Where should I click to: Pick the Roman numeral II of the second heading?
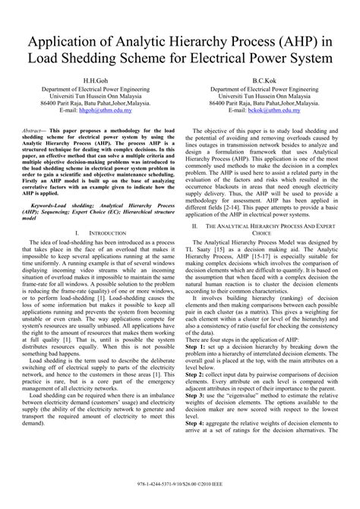click(x=196, y=226)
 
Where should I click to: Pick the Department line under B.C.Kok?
click(x=267, y=89)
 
